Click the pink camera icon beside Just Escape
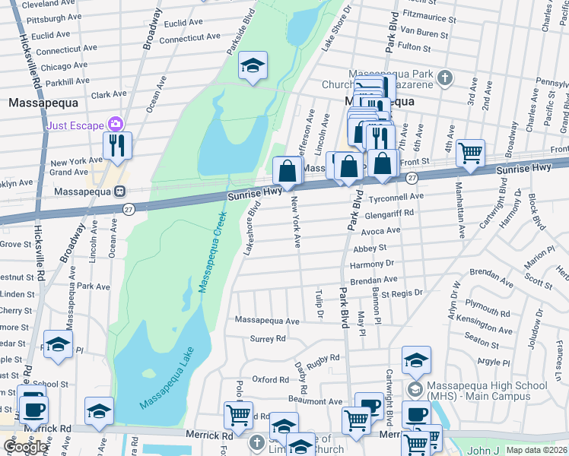116,124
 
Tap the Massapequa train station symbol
120,192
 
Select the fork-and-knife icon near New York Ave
118,145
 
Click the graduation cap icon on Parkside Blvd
253,67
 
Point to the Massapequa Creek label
214,253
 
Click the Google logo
25,446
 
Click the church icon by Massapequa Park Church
445,78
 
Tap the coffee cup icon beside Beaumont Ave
369,406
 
